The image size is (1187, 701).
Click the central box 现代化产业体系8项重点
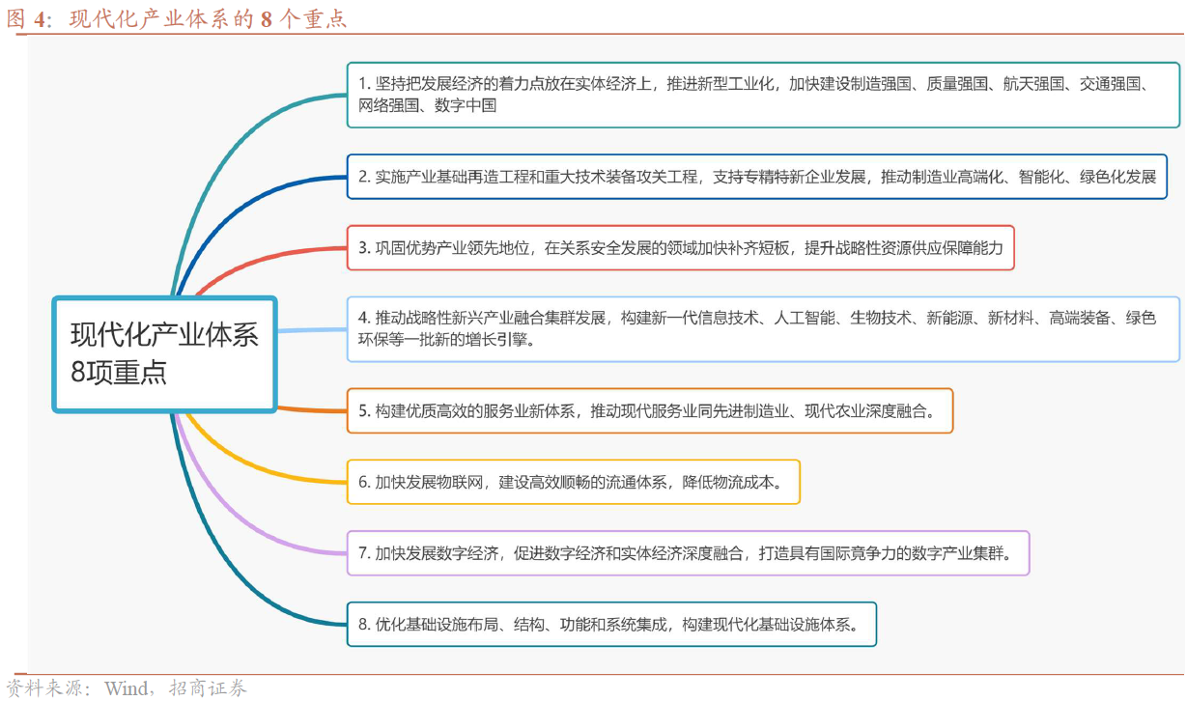point(165,354)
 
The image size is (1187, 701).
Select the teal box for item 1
point(764,95)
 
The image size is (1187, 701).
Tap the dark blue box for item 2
point(757,177)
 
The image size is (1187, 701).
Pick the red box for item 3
point(680,247)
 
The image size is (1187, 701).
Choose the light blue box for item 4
point(764,329)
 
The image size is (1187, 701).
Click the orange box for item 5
point(650,410)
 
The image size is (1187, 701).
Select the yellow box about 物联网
point(574,482)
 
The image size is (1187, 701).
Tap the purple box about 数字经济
point(689,552)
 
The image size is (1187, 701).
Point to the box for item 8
point(612,624)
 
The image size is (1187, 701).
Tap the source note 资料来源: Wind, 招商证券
point(127,687)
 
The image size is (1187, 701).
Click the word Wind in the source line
point(127,688)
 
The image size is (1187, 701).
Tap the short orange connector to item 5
point(312,409)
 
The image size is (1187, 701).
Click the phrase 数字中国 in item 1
point(466,105)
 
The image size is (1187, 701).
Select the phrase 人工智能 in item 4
point(805,318)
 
